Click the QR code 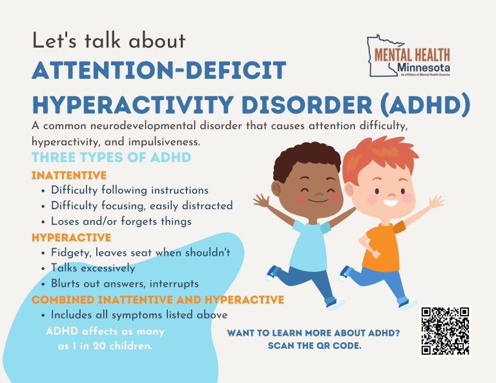point(445,331)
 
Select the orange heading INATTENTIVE point(69,175)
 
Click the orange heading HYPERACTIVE point(72,238)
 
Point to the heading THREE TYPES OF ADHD point(111,157)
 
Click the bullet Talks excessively point(93,268)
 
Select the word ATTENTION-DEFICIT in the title point(159,70)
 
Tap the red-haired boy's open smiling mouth point(390,202)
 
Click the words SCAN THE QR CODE point(315,346)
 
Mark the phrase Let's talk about point(108,41)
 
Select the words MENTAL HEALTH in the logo point(412,55)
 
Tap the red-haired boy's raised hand point(436,202)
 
